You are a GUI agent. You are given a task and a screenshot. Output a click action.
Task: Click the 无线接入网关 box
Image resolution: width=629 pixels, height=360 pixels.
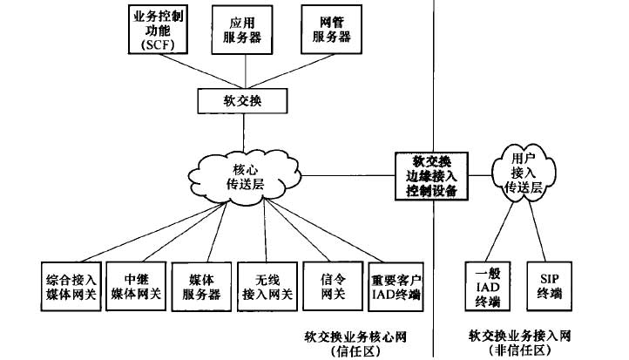(x=266, y=287)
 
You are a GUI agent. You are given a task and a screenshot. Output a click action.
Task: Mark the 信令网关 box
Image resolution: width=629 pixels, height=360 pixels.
(x=329, y=287)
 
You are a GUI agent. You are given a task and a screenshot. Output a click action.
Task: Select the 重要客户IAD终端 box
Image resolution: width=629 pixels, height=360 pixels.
(x=396, y=287)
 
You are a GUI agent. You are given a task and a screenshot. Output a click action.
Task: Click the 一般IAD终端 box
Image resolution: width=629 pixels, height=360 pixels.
(x=483, y=287)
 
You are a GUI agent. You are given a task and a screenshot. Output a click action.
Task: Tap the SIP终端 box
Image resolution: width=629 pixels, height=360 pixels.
(x=546, y=287)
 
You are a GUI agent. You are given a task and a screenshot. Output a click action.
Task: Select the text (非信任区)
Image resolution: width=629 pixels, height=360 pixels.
(x=520, y=350)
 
